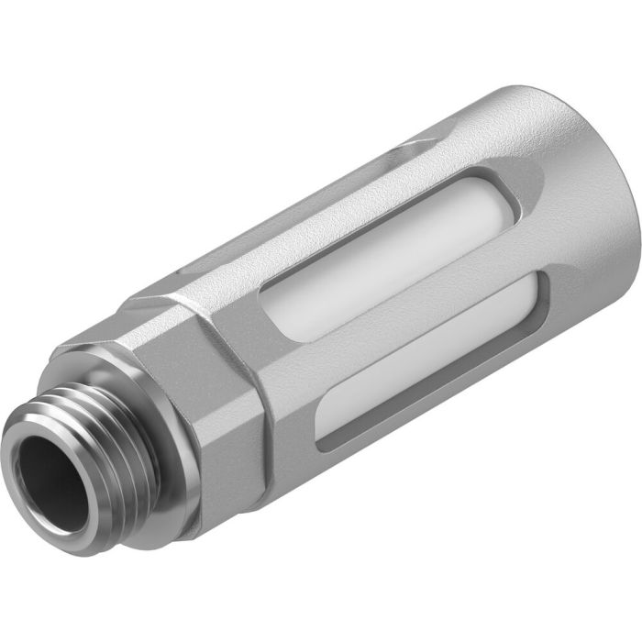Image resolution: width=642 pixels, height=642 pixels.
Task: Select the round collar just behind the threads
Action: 170,459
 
